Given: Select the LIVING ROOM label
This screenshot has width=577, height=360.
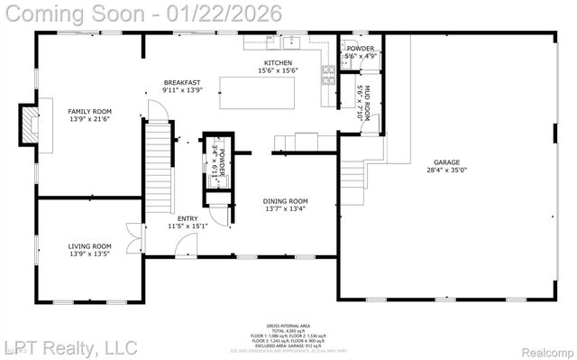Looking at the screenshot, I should coord(89,246).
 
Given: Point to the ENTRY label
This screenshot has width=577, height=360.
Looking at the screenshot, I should coord(188,217).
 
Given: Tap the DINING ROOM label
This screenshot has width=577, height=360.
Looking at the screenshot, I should coord(285,201).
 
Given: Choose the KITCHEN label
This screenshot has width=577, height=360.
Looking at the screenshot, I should coord(278,63).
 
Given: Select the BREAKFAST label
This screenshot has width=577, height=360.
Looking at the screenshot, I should coord(180,82).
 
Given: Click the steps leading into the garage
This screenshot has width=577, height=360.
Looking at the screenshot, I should coord(353,171).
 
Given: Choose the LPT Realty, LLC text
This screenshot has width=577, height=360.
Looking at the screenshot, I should coord(69,347).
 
